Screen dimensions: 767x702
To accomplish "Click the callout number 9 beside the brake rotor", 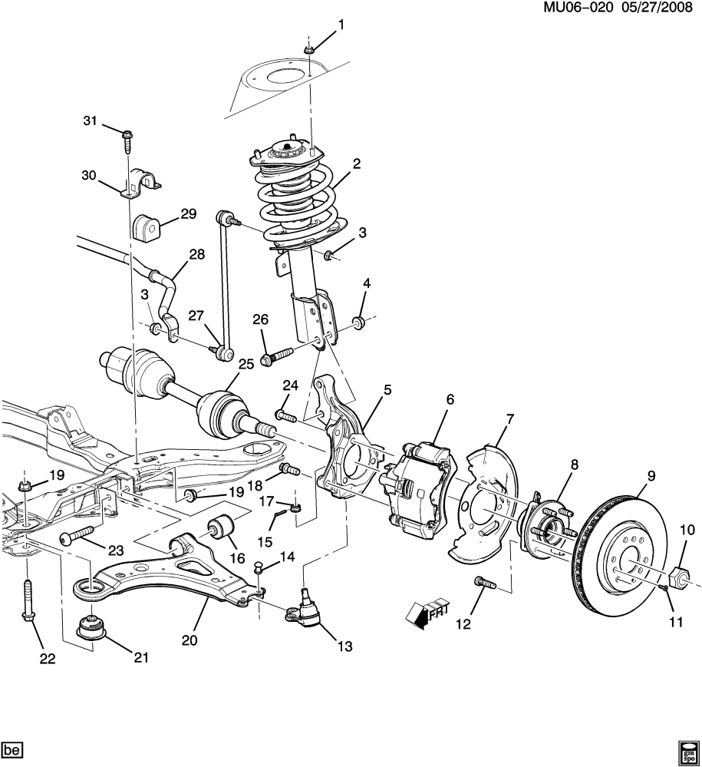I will point(651,476).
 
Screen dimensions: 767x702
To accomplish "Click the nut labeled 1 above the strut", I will point(308,50).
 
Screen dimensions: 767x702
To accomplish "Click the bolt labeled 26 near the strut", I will point(277,355).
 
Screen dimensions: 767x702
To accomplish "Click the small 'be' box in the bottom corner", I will point(12,748).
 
